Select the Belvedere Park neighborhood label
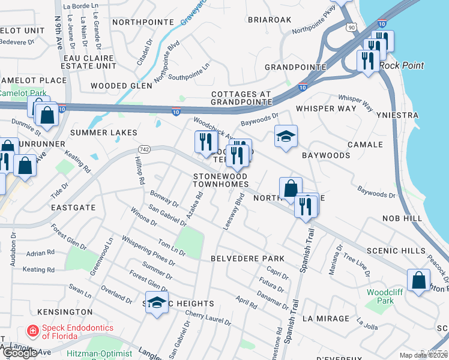pos(247,258)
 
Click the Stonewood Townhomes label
pos(221,180)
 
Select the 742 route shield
pos(143,148)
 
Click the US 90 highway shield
pos(351,27)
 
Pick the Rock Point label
pos(402,65)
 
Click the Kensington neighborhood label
pos(65,312)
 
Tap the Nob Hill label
pos(405,220)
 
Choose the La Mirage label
pos(325,318)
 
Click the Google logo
pos(19,353)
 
